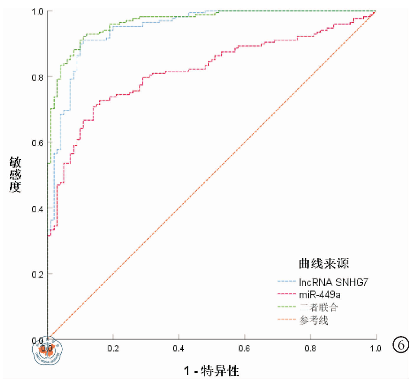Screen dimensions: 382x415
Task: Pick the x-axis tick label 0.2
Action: pos(113,349)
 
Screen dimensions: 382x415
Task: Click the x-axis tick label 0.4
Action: pos(179,349)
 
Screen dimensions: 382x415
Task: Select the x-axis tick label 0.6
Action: pos(244,349)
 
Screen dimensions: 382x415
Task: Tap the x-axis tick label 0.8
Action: pos(310,349)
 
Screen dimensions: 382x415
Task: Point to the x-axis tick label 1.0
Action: pos(376,349)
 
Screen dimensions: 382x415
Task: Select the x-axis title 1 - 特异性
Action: pos(211,371)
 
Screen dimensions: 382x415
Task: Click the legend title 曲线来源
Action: pos(324,264)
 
